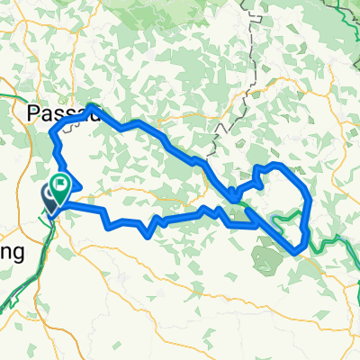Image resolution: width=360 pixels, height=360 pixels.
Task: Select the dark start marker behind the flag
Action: tap(50, 196)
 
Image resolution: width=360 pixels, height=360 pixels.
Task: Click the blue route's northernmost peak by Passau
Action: tap(94, 108)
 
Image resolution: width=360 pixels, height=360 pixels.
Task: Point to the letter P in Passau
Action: tap(33, 113)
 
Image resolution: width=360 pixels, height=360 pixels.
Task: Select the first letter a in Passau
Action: tap(45, 114)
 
